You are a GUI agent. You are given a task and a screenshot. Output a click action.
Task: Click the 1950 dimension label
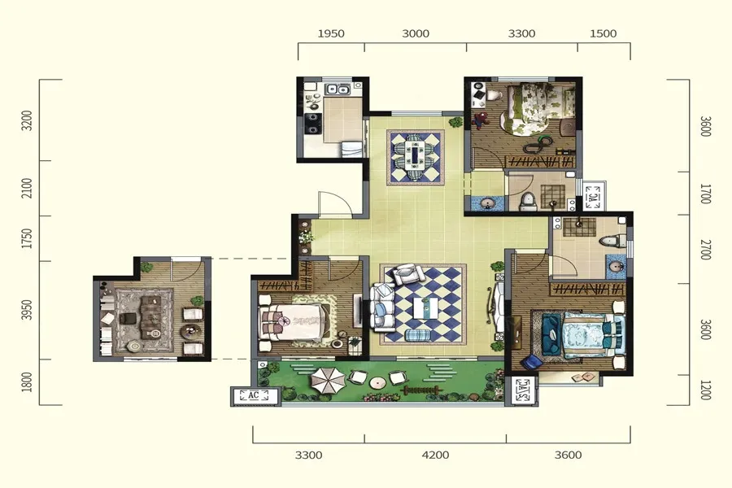(331, 33)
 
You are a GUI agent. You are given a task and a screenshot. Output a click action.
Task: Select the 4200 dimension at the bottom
(435, 455)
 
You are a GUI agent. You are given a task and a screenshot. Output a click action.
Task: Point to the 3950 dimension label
(28, 310)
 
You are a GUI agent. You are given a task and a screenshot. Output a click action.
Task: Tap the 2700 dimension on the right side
(705, 250)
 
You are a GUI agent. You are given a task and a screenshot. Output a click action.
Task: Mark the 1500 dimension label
(603, 33)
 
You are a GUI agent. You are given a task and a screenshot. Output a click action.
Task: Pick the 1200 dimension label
(705, 390)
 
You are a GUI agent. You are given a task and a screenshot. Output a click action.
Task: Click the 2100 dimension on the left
(28, 188)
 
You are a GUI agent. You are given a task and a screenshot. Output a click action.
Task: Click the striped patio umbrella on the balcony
(328, 380)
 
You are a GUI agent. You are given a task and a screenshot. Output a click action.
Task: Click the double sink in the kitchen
(337, 89)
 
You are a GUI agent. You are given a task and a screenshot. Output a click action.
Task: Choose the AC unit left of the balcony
(255, 395)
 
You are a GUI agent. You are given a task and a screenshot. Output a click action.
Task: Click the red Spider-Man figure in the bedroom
(480, 120)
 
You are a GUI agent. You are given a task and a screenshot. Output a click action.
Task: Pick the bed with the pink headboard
(294, 322)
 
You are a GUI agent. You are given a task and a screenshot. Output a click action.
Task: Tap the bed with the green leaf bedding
(537, 109)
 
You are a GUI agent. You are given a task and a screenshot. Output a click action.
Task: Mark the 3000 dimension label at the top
(416, 33)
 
